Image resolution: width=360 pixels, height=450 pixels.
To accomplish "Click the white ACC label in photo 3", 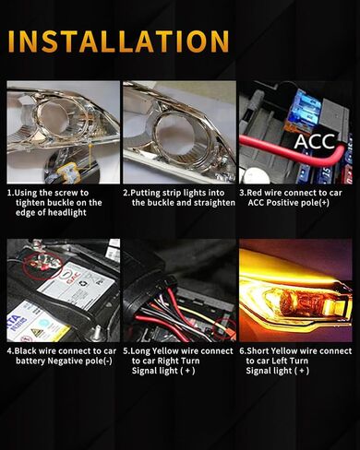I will click(314, 142).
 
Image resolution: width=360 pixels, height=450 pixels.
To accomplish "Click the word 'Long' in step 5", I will click(145, 351).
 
